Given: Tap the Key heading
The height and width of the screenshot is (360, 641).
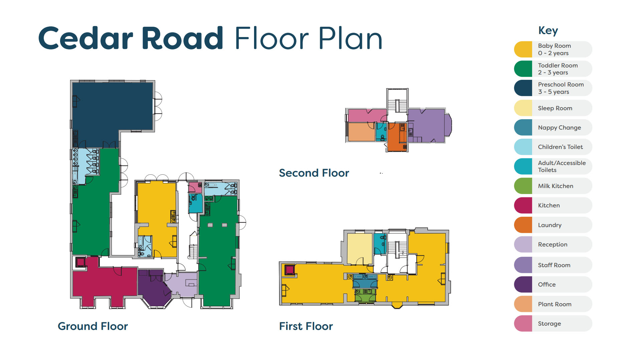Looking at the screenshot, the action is (548, 30).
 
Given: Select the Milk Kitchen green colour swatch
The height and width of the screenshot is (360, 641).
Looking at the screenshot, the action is (523, 186).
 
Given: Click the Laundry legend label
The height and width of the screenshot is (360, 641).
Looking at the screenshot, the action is (550, 225).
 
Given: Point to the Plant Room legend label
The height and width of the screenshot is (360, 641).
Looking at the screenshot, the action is (555, 304).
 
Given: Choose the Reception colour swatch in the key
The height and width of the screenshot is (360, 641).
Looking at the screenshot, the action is (523, 244).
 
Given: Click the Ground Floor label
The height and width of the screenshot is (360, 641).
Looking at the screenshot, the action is (93, 326).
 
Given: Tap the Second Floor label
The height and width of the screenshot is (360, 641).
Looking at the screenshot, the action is (314, 173).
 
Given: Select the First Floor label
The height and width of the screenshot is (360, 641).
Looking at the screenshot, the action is (306, 326).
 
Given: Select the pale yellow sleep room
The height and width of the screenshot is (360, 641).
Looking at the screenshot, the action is (360, 249).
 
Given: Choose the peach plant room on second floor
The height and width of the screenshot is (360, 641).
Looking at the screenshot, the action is (361, 132).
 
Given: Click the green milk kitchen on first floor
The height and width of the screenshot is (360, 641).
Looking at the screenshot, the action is (365, 296).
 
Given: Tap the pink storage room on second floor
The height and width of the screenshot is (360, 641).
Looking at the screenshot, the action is (367, 116).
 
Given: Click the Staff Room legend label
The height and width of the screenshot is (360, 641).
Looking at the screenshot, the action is (554, 265).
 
